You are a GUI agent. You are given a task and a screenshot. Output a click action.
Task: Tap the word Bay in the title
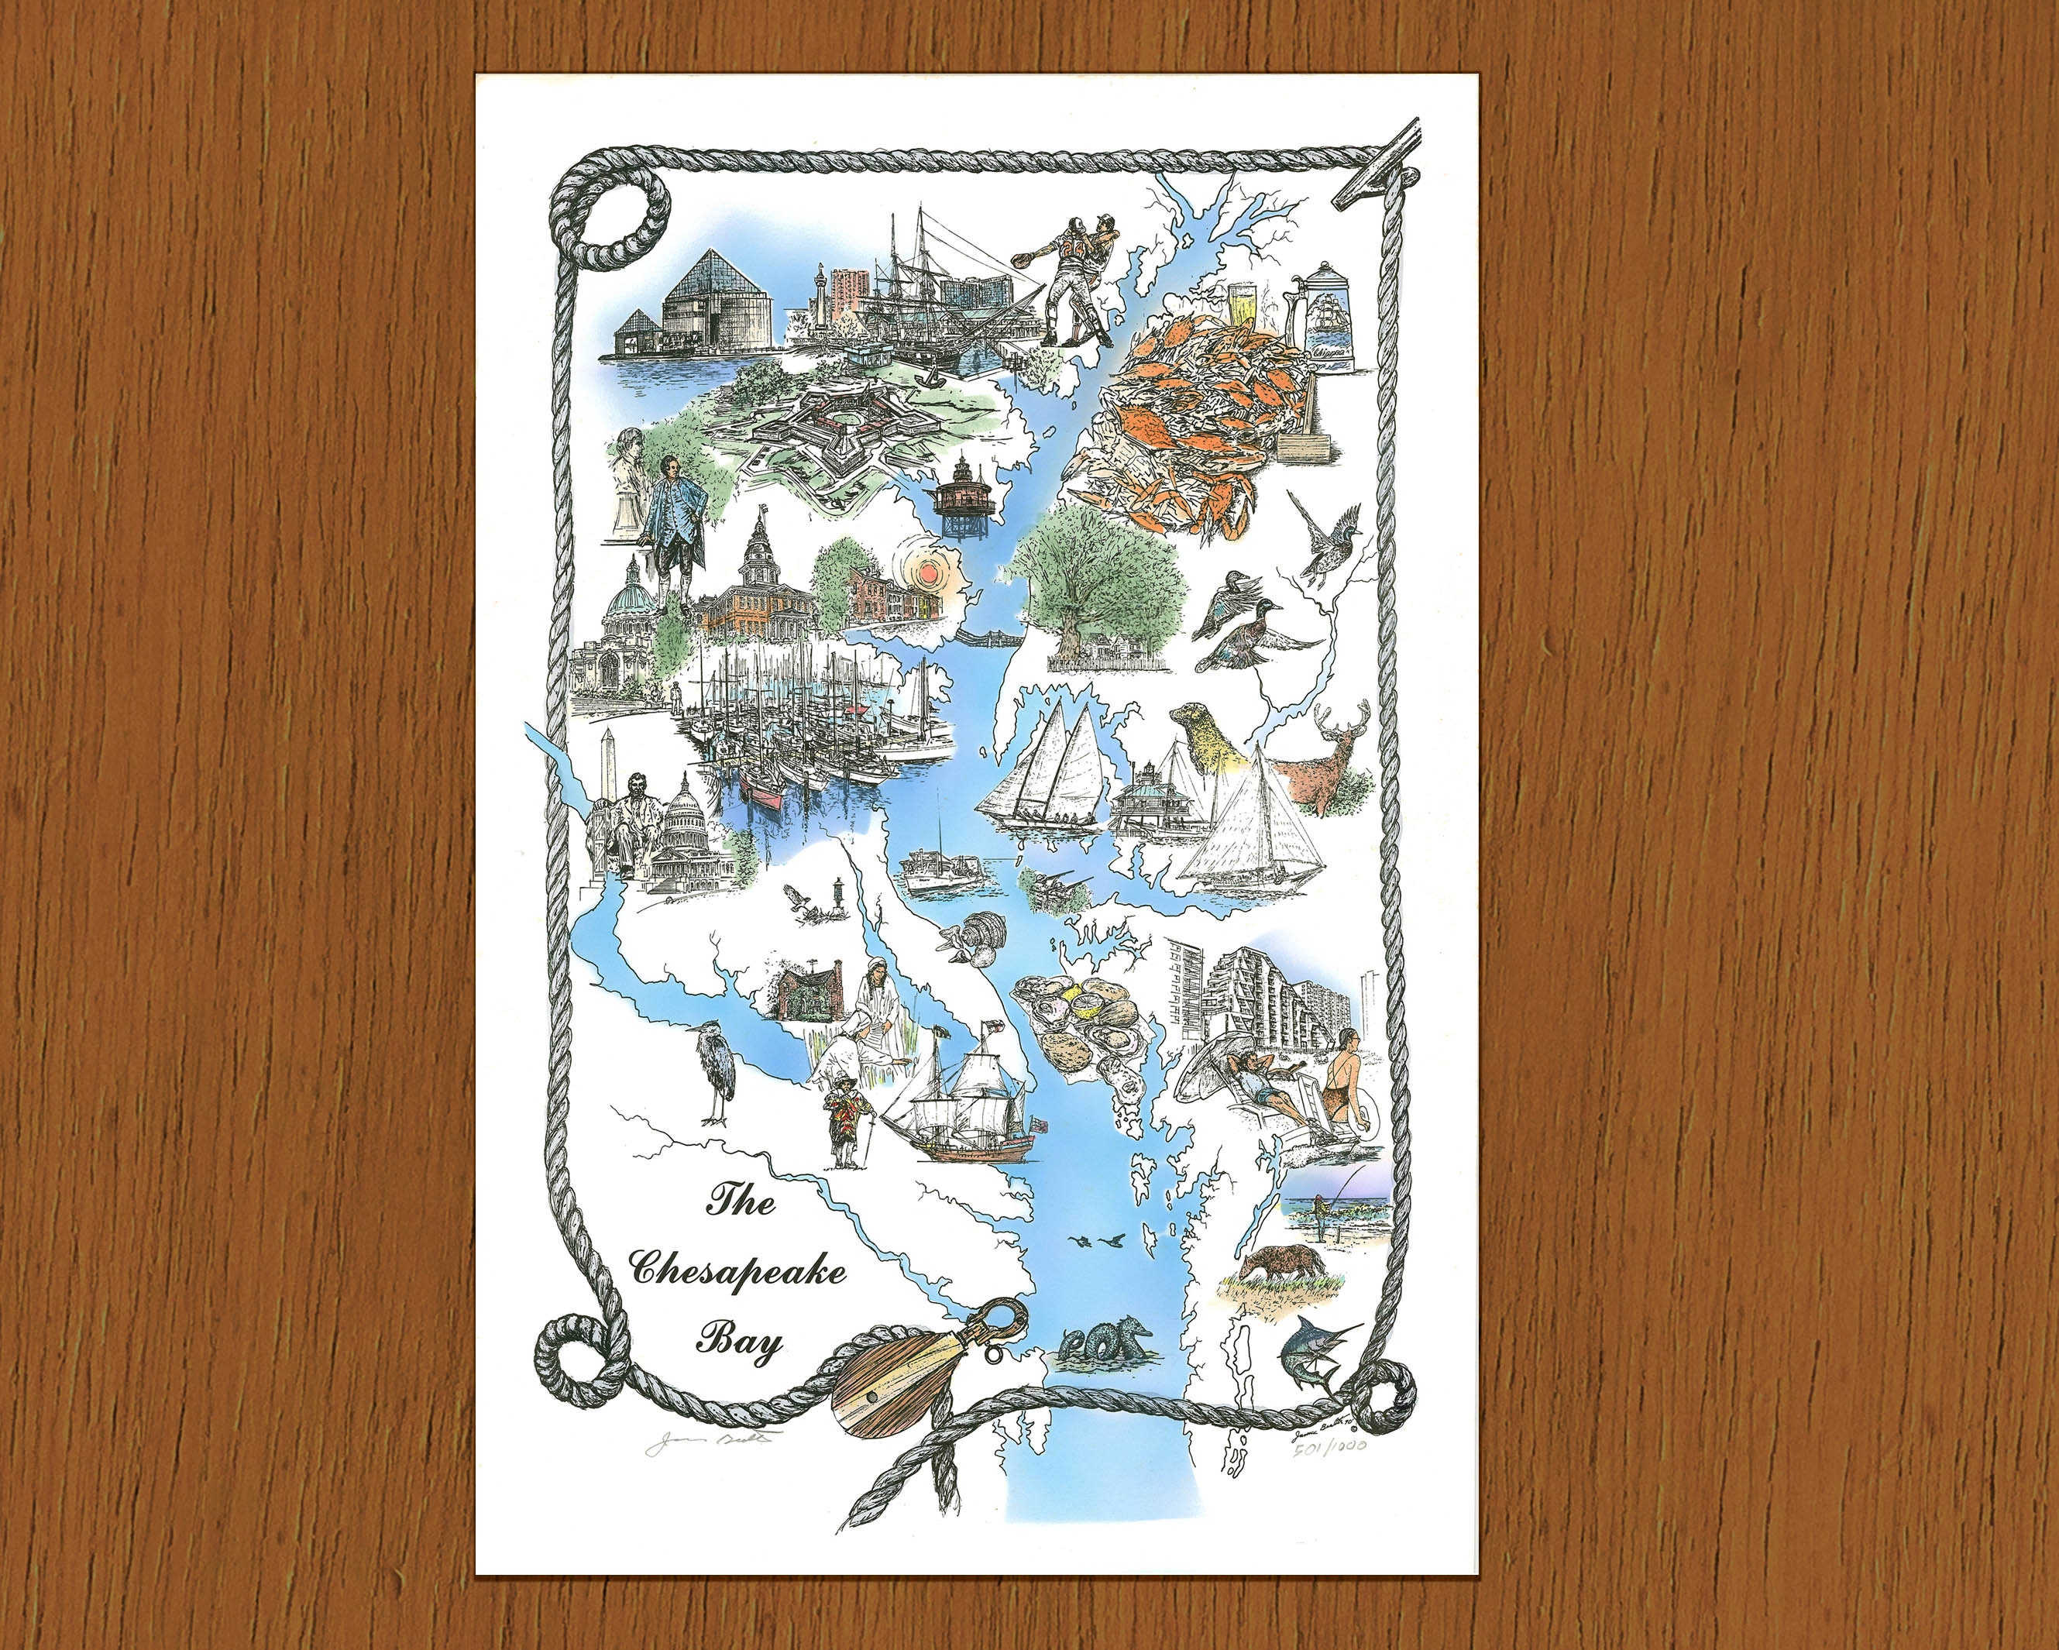[x=738, y=1342]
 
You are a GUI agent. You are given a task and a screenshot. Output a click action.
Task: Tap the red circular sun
[x=926, y=575]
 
